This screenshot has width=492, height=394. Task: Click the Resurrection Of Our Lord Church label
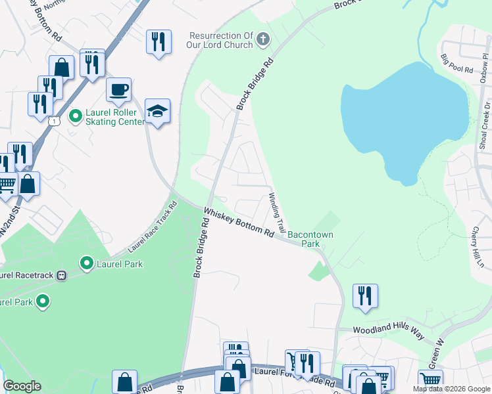pos(220,40)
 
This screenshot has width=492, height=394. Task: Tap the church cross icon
pos(262,40)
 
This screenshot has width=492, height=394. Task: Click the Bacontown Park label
pos(304,238)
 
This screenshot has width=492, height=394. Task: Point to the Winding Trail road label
pos(276,213)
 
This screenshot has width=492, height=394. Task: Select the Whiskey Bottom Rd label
pos(238,223)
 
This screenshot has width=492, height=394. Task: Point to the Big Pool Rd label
pos(457,64)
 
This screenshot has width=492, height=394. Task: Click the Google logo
pos(22,386)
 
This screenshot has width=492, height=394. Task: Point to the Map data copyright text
pos(451,389)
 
